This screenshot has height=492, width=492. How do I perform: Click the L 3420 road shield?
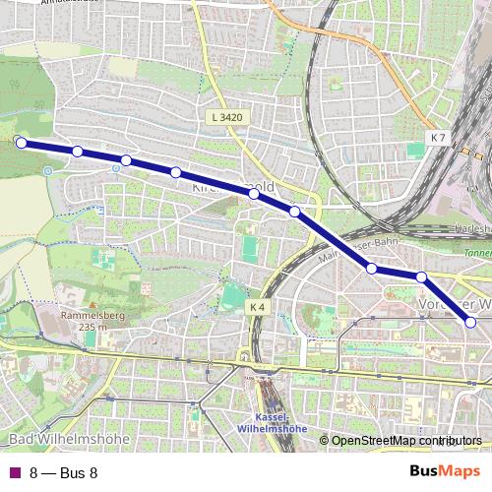(x=225, y=117)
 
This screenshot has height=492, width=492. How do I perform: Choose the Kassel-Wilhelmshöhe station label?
(x=273, y=422)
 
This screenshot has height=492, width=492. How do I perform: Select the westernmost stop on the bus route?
(x=20, y=142)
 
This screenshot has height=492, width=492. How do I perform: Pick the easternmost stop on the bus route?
(x=470, y=322)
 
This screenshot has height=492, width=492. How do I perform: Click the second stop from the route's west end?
(x=77, y=151)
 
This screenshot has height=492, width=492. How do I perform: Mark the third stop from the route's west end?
(x=126, y=160)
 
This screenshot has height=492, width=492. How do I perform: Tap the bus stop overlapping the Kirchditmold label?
(x=254, y=194)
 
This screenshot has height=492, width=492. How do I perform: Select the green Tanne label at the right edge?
(x=477, y=250)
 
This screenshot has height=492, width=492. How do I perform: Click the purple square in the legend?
(x=14, y=472)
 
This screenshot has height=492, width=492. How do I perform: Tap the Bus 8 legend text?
(x=64, y=472)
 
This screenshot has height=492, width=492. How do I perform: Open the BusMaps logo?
(x=445, y=471)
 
